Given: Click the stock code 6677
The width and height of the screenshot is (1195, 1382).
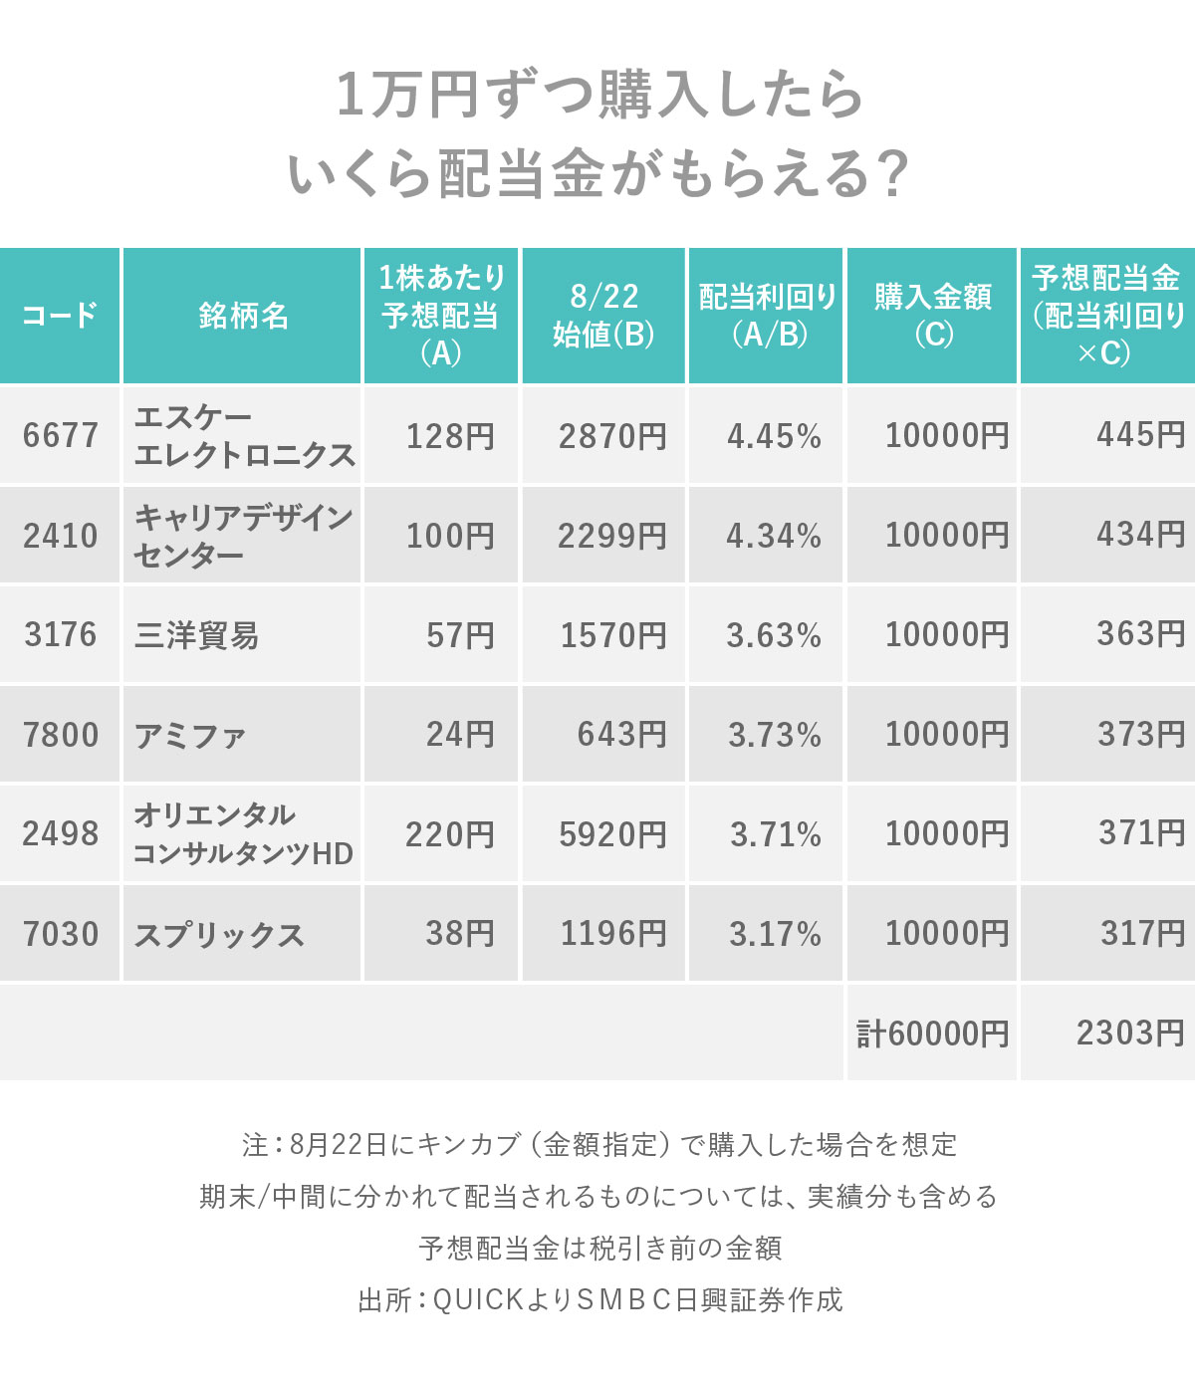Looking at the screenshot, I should [x=61, y=436].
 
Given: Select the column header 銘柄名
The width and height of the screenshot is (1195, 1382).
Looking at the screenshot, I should [x=243, y=316].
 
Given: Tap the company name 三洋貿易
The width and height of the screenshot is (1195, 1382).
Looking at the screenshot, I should [x=196, y=635].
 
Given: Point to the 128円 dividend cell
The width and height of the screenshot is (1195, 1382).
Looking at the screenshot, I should [x=450, y=436].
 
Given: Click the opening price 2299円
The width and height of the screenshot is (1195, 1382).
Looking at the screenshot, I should [x=611, y=536].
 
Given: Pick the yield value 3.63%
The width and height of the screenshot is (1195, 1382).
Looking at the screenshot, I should [x=774, y=635].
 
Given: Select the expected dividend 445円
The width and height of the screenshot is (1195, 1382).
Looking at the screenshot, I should [x=1140, y=435].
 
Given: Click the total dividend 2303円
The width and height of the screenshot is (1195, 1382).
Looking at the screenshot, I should [x=1130, y=1033].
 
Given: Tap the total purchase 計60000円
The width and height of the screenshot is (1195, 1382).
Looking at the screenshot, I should [x=932, y=1034].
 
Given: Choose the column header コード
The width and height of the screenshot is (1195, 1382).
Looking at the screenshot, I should [x=60, y=316].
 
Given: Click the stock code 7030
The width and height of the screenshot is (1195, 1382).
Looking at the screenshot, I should [x=61, y=934].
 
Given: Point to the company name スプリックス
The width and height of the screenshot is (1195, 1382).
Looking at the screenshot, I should [x=219, y=935].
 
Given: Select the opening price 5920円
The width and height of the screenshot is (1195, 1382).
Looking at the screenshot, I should [x=612, y=834].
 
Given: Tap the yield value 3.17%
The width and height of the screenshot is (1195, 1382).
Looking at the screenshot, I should [x=775, y=934].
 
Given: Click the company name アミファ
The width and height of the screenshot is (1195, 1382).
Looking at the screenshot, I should [x=189, y=736].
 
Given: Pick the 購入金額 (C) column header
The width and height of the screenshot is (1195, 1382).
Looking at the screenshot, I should [x=932, y=316].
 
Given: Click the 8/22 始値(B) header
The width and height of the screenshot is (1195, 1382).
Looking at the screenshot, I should [x=603, y=316].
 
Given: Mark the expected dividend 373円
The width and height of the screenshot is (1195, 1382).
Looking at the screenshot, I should [x=1141, y=735].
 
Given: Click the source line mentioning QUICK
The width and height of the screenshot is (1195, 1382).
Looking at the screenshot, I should [x=599, y=1299].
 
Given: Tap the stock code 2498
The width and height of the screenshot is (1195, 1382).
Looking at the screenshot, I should [x=61, y=834].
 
